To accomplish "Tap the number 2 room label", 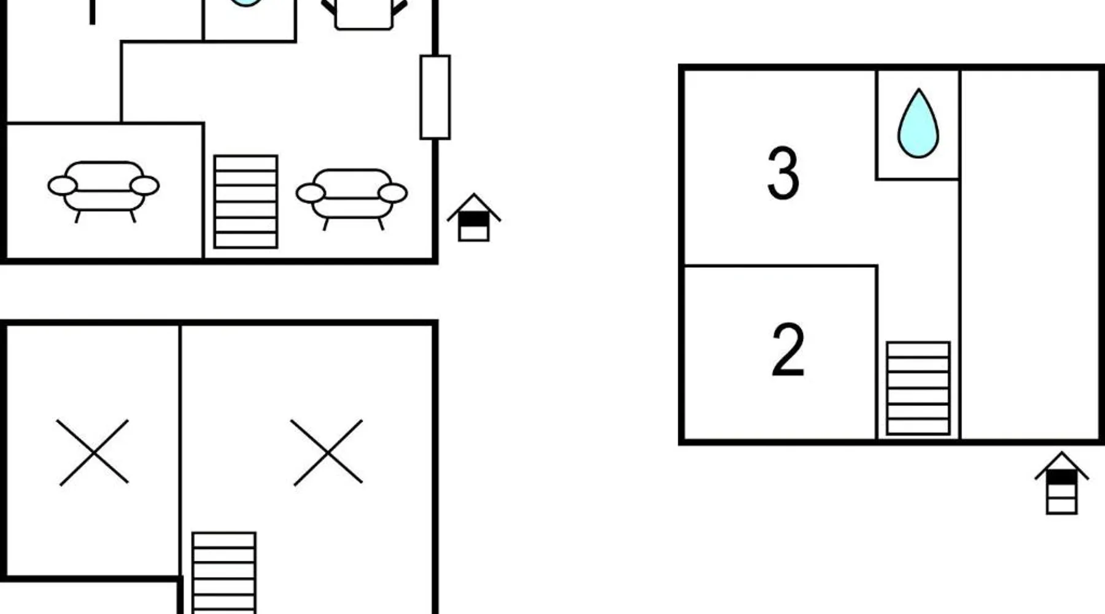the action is [788, 349].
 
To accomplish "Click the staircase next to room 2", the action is [918, 388].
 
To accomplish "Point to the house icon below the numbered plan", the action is [1061, 483].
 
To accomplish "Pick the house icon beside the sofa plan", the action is [474, 217].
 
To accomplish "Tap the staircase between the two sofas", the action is [246, 201].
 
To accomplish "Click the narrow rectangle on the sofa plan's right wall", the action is [435, 97].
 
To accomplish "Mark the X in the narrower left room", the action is [93, 453].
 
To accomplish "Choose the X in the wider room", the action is [327, 453].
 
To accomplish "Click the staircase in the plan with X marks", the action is [224, 573].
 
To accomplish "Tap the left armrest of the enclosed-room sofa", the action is [63, 185].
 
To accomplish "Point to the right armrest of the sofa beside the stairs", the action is [393, 193].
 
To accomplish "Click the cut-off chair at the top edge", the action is [364, 14].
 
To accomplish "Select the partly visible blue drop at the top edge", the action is [246, 3].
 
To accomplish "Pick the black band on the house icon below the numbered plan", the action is [1061, 477].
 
